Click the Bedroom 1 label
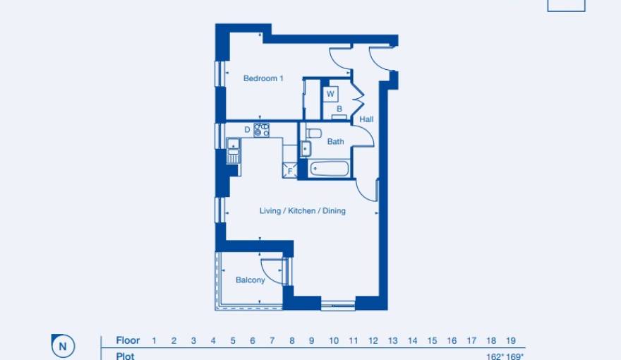coord(263,78)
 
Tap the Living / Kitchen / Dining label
coord(303,211)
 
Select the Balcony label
coord(251,280)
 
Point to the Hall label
coord(366,120)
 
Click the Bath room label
coord(335,141)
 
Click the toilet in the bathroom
coord(313,133)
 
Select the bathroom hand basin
coord(306,148)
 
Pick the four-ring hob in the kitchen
coord(262,129)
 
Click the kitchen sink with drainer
coord(233,151)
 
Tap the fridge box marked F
coord(289,170)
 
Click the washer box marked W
coord(330,94)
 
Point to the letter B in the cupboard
coord(339,109)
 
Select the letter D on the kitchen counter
coord(247,129)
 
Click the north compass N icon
coord(64,346)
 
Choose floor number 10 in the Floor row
coord(334,341)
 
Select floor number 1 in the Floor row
coord(154,341)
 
